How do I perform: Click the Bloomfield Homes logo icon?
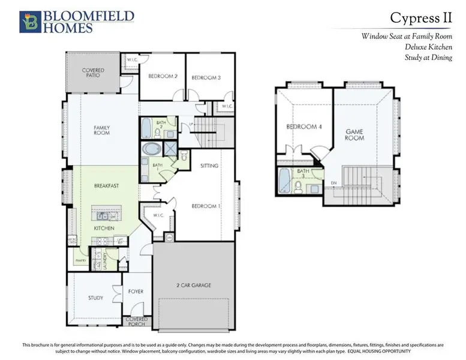pos(28,21)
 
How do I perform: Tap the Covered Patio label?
pos(93,73)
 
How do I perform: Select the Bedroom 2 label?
pos(163,77)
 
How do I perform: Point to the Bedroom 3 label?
pos(206,78)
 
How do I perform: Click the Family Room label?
pos(101,130)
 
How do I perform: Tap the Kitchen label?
pos(104,229)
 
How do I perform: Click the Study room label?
pos(95,298)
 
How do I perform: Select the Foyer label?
pos(136,292)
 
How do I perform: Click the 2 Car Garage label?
pos(193,285)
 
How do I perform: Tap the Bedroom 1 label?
pos(206,206)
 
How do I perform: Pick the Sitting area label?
pos(209,166)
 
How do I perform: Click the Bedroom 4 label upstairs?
pos(300,127)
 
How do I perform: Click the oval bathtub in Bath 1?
pos(148,149)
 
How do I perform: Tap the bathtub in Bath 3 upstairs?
pos(284,182)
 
